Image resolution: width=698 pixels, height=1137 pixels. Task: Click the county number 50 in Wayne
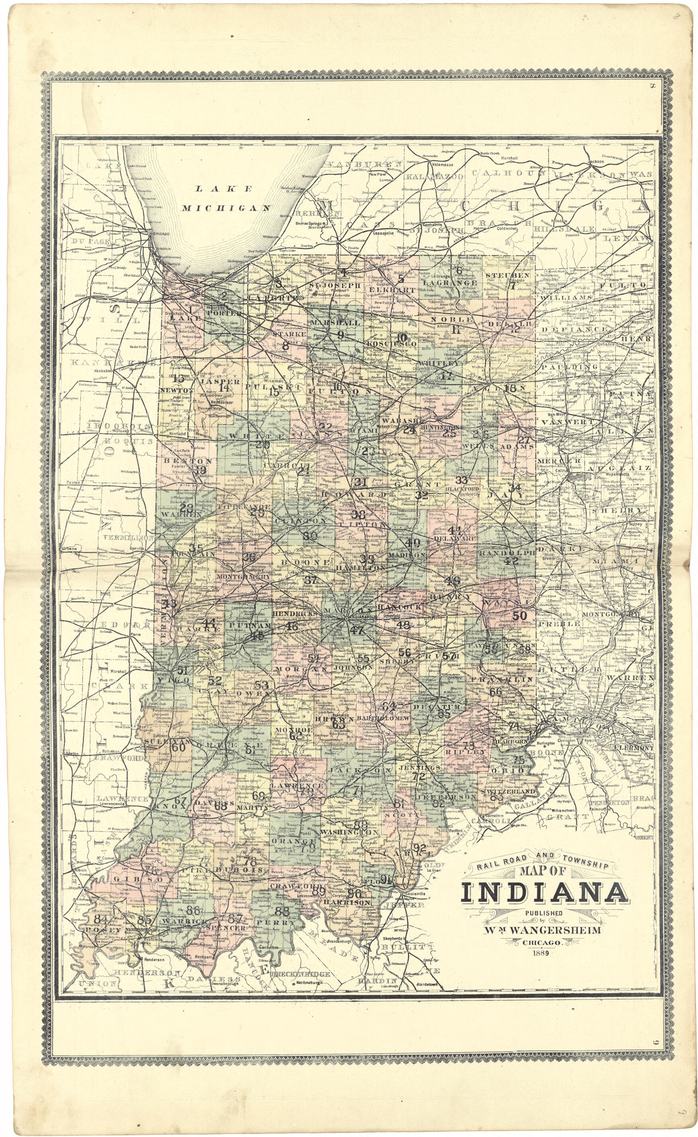519,616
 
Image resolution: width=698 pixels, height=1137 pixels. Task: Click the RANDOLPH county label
506,552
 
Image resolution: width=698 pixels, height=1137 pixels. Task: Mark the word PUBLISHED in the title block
543,913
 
